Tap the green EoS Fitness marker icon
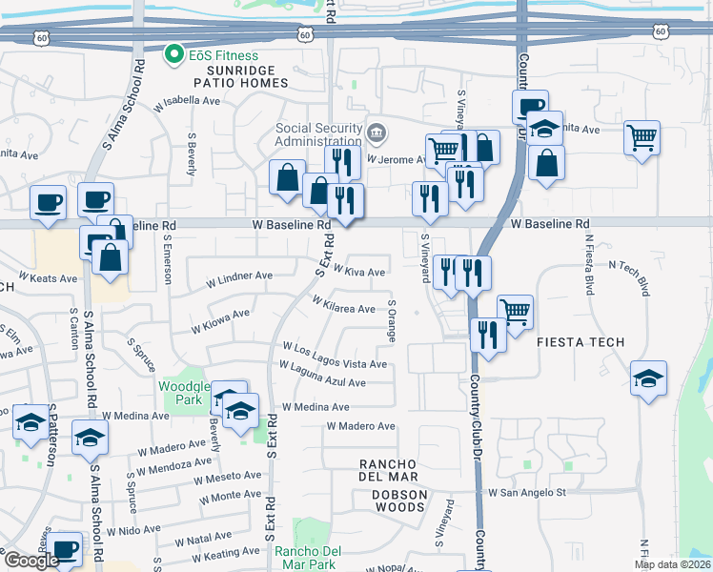coord(173,54)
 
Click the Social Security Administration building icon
coord(376,132)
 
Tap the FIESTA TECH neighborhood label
coord(581,341)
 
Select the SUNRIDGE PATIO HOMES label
coord(240,77)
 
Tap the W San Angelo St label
coord(527,493)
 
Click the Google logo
coord(31,561)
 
